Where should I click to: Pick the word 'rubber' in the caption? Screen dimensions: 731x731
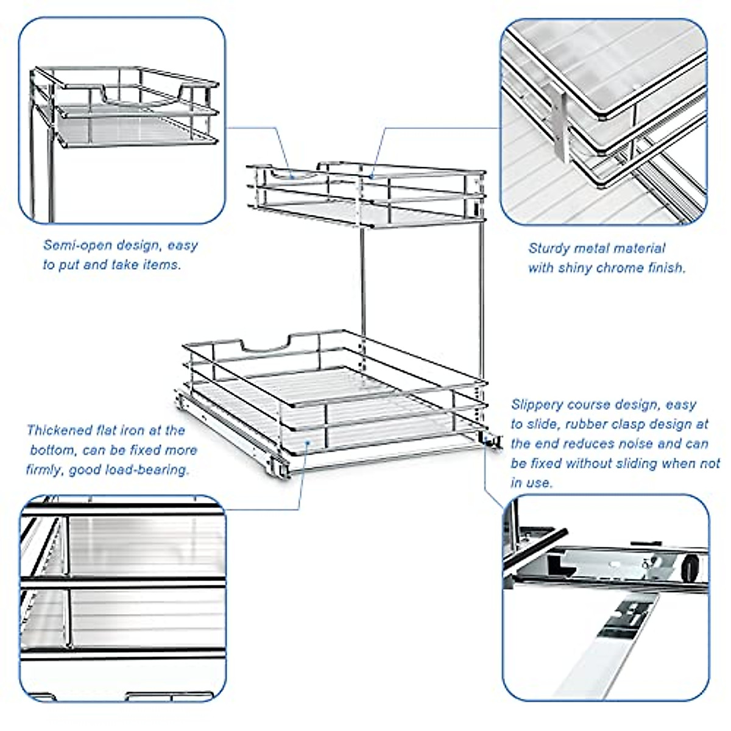tap(585, 424)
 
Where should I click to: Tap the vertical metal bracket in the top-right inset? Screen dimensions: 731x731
tap(559, 122)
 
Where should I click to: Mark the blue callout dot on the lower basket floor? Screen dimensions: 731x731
tap(309, 443)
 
